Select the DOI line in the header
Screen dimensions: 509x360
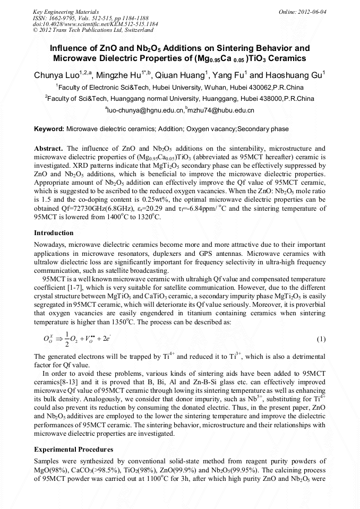(95, 24)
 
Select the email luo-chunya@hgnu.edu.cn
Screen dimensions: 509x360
(145, 110)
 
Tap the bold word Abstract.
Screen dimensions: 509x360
(48, 148)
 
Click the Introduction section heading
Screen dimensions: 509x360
(54, 233)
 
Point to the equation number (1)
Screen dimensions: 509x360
(321, 339)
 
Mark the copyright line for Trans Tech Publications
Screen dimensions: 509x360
(90, 31)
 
